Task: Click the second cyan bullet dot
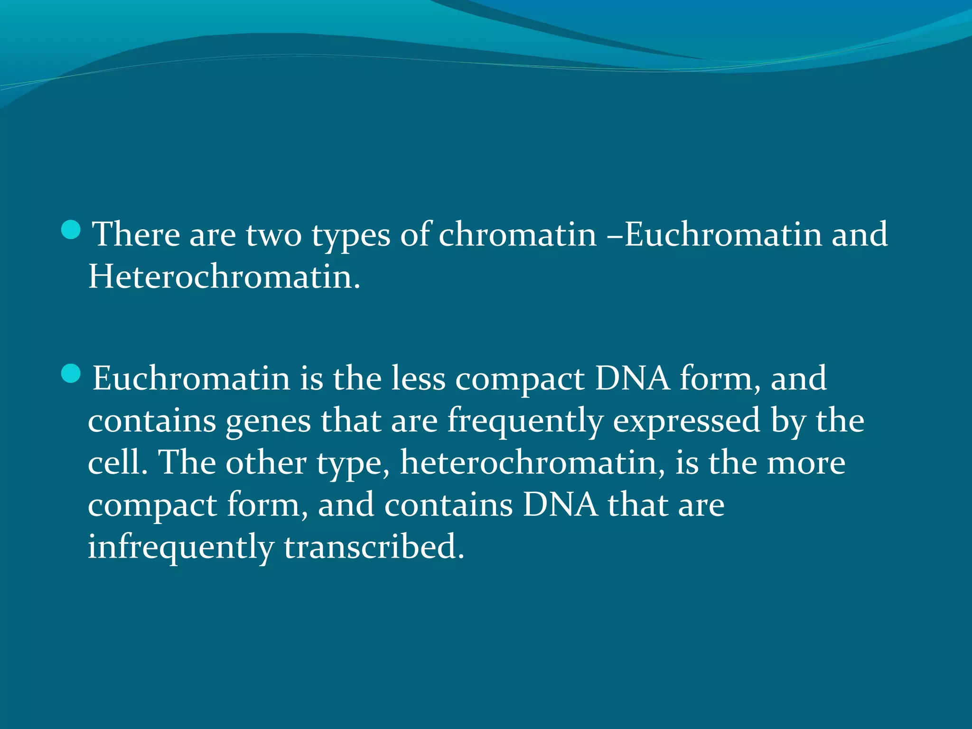pos(71,374)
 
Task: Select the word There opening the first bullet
pos(136,234)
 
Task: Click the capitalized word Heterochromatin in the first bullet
pos(224,277)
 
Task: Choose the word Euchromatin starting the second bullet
pos(191,379)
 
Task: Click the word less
pos(418,379)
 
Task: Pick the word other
pos(266,462)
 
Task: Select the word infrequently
pos(181,547)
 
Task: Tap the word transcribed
pos(374,546)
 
